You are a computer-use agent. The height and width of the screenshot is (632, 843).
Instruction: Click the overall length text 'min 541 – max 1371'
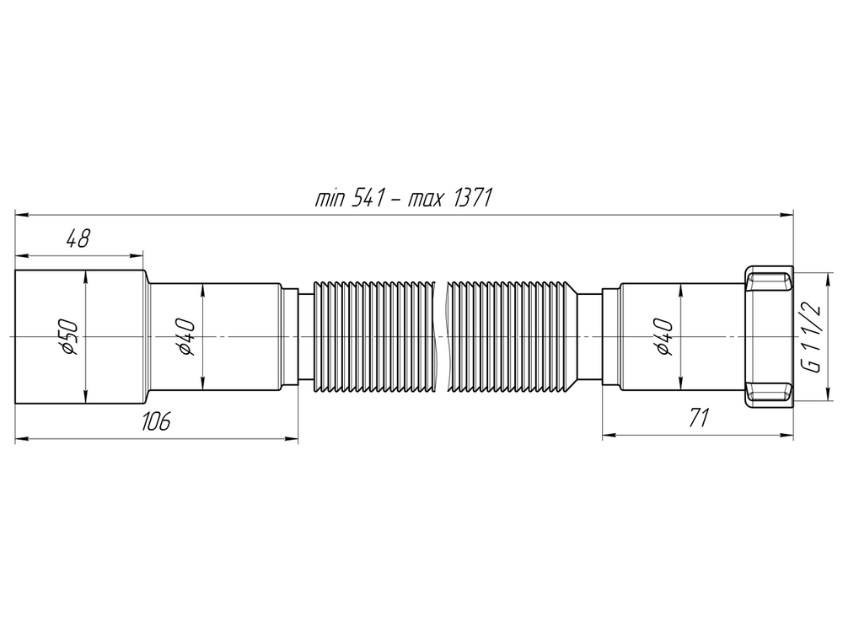(403, 199)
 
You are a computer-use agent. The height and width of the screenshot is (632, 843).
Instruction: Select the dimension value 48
(78, 239)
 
